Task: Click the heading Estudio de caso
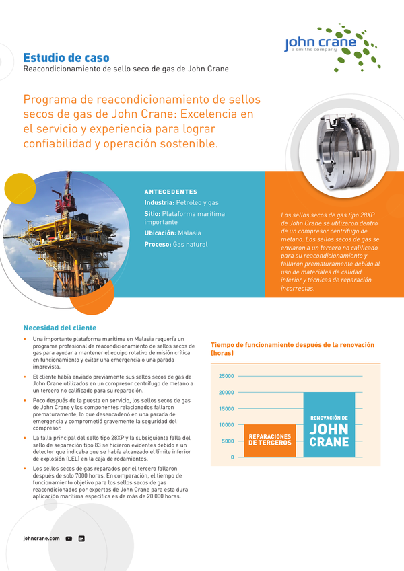pyautogui.click(x=66, y=58)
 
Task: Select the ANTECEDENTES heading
pyautogui.click(x=171, y=192)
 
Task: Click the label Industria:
pyautogui.click(x=159, y=202)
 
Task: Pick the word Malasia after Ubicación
pyautogui.click(x=193, y=233)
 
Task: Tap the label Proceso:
pyautogui.click(x=158, y=245)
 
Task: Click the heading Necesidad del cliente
pyautogui.click(x=60, y=328)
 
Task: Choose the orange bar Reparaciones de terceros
pyautogui.click(x=269, y=441)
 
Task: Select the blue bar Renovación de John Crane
pyautogui.click(x=329, y=425)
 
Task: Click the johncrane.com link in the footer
pyautogui.click(x=41, y=539)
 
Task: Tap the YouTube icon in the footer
pyautogui.click(x=69, y=539)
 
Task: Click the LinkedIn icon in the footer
pyautogui.click(x=81, y=539)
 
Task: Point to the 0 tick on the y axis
pyautogui.click(x=232, y=457)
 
